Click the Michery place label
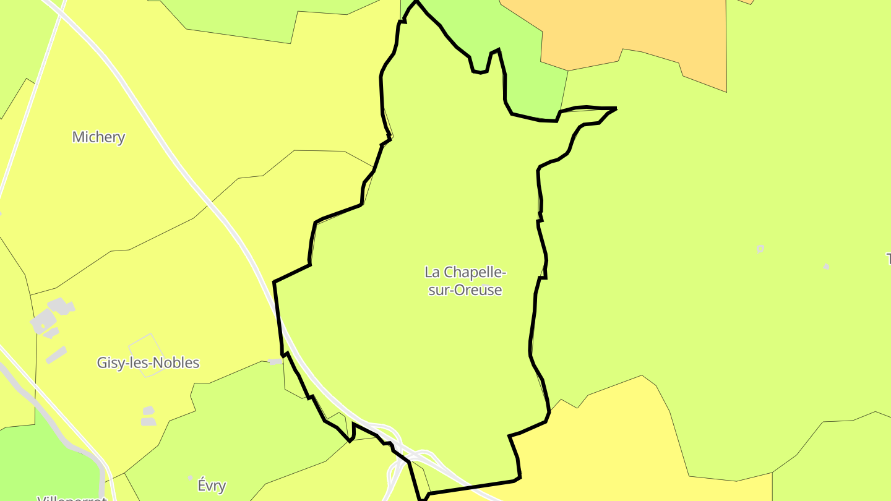(98, 137)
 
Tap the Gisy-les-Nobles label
(148, 362)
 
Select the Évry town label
(212, 486)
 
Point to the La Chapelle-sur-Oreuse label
(465, 281)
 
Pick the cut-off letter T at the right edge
(888, 259)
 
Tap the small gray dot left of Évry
(191, 477)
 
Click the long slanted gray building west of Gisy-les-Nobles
(56, 354)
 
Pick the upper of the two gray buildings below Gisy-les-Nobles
(148, 411)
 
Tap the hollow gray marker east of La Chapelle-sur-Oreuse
(760, 249)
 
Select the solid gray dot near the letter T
(826, 267)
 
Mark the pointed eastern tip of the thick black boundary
(616, 109)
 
